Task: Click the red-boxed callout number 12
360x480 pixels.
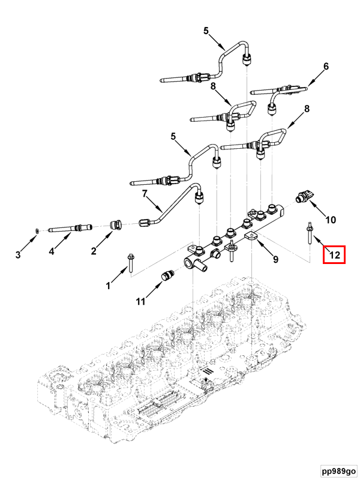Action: point(334,256)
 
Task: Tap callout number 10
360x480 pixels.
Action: point(331,220)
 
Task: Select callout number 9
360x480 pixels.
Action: point(275,260)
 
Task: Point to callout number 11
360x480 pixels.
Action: point(140,302)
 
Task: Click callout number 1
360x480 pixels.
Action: point(109,286)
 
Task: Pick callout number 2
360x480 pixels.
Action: point(94,251)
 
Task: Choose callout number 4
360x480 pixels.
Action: point(52,252)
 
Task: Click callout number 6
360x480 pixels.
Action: point(326,67)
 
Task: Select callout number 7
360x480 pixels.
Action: point(144,193)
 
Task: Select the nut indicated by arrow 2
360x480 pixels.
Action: point(117,225)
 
